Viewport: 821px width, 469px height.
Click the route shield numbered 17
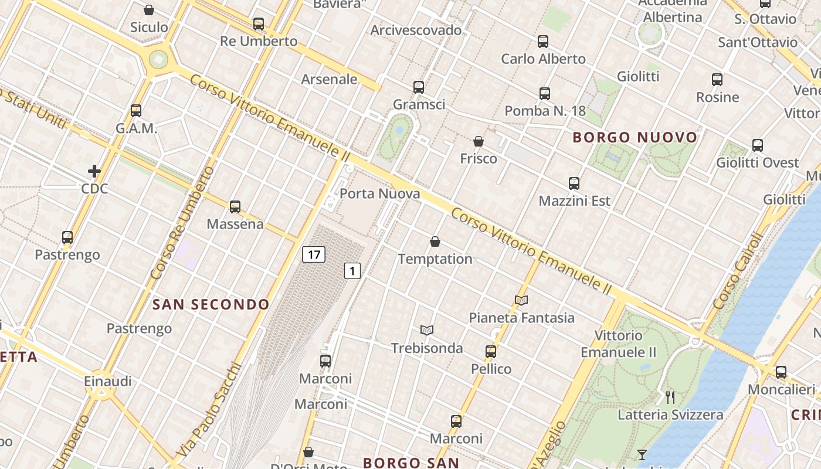(314, 254)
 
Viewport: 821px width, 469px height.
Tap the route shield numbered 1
(352, 271)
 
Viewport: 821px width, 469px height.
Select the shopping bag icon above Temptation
(435, 242)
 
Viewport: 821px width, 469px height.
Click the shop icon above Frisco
(479, 141)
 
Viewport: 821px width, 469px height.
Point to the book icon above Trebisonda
(427, 331)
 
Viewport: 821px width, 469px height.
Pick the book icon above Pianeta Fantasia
(521, 301)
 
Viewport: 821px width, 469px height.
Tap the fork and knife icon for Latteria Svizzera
(670, 397)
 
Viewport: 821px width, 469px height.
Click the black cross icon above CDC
(94, 171)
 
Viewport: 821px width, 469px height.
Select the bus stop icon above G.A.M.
(136, 111)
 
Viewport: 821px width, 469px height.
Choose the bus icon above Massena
(235, 207)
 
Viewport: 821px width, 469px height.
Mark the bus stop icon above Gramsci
(419, 87)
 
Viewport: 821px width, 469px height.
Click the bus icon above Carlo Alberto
(543, 42)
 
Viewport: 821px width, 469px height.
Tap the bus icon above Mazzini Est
(574, 183)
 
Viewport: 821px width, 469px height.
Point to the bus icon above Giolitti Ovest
(758, 145)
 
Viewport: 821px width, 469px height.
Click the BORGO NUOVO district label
(635, 138)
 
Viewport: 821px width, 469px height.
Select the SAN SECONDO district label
(211, 304)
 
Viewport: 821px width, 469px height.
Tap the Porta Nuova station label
(380, 193)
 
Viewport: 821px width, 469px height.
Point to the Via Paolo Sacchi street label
(209, 410)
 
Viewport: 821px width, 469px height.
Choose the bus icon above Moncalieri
(781, 372)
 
